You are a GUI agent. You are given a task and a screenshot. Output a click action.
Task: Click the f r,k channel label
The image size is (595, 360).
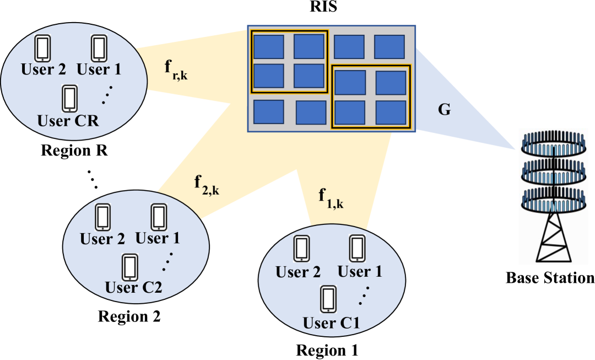176,69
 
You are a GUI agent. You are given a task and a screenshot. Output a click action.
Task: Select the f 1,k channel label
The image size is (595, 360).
331,197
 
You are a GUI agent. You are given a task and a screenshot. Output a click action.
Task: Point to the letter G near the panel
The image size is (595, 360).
444,110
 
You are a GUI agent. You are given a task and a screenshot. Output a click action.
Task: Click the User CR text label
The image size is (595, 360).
68,120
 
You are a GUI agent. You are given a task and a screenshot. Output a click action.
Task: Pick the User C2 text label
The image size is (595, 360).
133,287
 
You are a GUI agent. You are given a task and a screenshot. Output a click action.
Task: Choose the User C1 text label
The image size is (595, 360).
331,323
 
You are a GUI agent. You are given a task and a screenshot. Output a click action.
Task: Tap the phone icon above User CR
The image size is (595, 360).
69,99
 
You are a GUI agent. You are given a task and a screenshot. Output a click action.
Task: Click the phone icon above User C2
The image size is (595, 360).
130,267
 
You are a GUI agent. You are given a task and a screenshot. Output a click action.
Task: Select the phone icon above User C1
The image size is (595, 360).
328,299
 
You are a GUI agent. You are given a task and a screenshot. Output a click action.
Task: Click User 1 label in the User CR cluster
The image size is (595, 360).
99,70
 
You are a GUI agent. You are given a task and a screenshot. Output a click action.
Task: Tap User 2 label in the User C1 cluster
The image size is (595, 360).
298,272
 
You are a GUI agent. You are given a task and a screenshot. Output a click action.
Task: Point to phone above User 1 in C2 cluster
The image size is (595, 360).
159,217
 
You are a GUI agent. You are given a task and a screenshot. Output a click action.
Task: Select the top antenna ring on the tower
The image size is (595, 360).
554,145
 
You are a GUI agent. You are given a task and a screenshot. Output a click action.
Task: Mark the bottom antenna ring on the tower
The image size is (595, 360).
554,198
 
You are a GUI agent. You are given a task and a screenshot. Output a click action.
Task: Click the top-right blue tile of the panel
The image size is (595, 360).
390,47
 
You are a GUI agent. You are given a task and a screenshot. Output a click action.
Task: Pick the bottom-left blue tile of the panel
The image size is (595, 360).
268,112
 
